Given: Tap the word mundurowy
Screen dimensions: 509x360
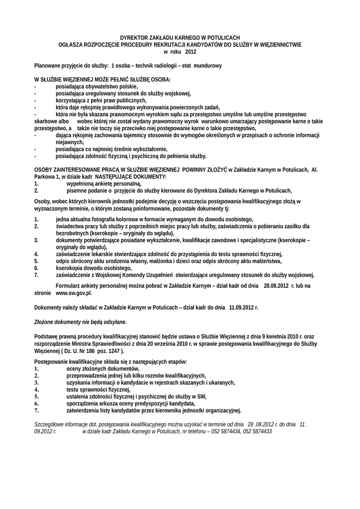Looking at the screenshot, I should coord(207,66).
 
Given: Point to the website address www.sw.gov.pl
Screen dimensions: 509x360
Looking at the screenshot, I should coord(74,293).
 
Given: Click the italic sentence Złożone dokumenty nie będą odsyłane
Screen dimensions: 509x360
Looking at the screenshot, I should coord(80,322).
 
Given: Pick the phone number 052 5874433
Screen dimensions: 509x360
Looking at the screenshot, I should coord(258,432).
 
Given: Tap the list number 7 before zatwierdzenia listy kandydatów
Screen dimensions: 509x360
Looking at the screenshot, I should coord(36,411).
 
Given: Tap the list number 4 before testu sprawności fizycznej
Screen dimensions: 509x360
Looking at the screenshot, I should coord(36,390).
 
